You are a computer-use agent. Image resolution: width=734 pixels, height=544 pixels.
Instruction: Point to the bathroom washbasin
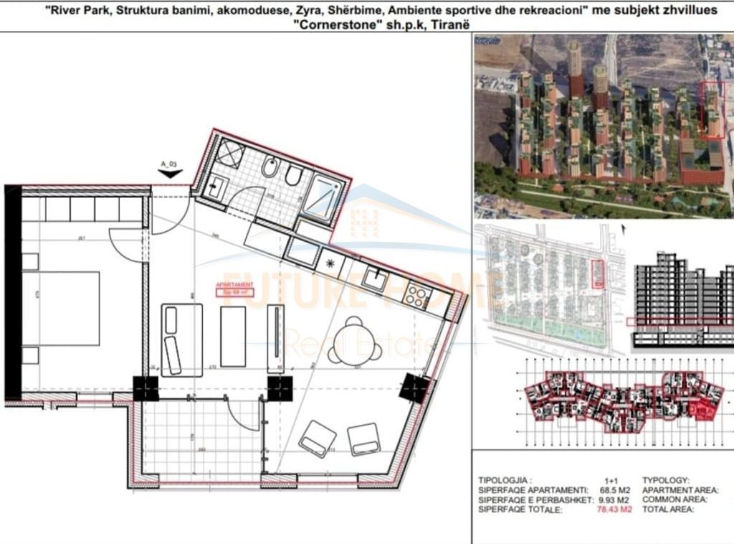(216, 189)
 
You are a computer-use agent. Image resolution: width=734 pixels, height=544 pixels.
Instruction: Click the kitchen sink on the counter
(374, 276)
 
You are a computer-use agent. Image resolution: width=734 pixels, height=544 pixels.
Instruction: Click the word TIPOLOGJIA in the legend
(504, 479)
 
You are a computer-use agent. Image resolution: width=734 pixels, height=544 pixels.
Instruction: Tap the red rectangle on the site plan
(596, 274)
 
